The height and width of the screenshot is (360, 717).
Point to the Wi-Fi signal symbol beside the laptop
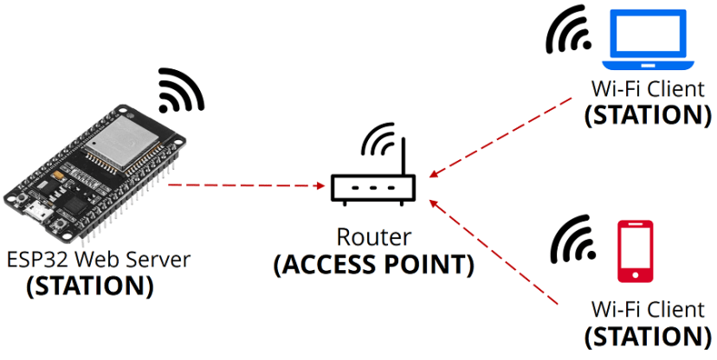click(569, 34)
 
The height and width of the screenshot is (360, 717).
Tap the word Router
click(373, 237)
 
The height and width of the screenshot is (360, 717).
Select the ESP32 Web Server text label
click(98, 259)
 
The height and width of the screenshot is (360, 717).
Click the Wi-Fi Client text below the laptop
click(648, 89)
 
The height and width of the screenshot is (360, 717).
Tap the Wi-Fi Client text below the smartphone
click(648, 309)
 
